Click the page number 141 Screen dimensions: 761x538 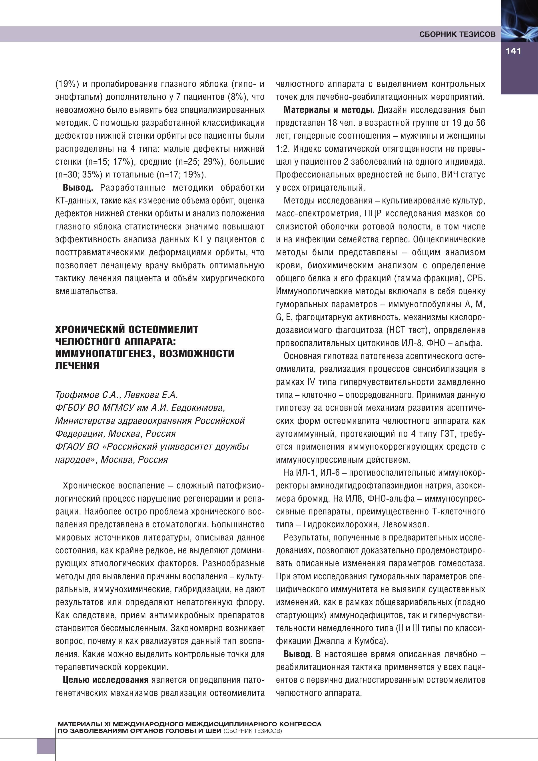(513, 51)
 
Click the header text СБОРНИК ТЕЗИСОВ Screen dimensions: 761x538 (457, 34)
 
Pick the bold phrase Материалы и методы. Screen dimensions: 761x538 (329, 110)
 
